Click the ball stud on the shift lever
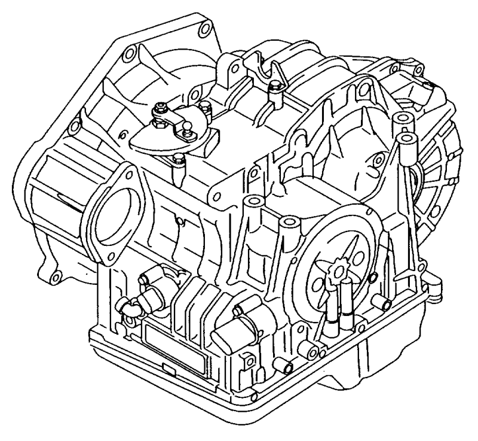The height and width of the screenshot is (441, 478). click(x=186, y=126)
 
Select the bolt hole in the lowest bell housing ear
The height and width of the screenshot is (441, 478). click(x=55, y=277)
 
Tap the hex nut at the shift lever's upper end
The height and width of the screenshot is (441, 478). click(x=161, y=109)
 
